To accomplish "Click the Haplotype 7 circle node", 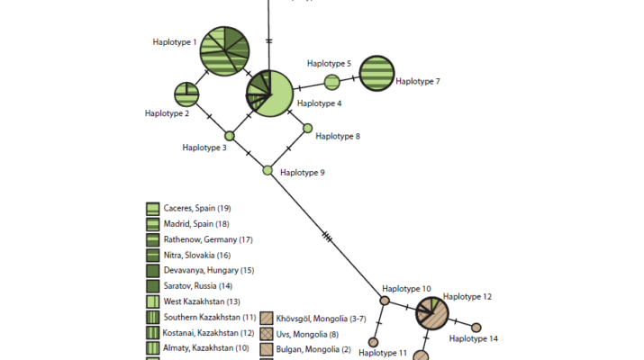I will point(376,74).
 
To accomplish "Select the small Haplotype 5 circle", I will point(331,83).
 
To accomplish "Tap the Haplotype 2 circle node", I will point(186,94).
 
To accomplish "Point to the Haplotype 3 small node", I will point(230,136).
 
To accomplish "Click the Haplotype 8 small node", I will point(307,128).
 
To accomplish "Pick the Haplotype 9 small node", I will point(268,169).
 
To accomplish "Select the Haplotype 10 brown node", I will point(385,301).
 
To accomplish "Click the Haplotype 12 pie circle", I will point(432,313).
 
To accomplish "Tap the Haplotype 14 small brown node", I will point(476,328).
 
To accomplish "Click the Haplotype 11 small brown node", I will point(373,342).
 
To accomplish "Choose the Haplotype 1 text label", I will point(175,41).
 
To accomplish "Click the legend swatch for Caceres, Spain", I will point(153,208).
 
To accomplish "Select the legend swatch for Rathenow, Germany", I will point(153,239).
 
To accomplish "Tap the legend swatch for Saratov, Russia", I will point(153,285).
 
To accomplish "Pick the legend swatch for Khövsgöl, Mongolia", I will point(266,318).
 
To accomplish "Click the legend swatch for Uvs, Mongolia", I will point(266,333).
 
